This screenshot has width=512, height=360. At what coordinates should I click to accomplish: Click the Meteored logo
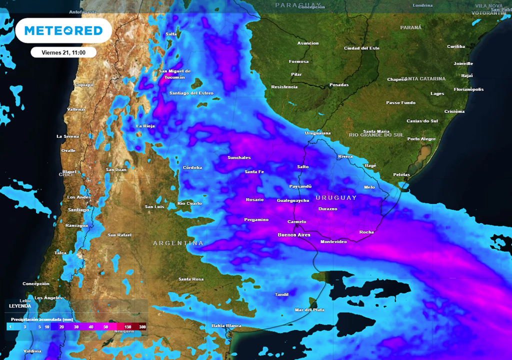point(63,31)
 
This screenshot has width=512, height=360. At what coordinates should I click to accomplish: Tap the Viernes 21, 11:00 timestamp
point(63,52)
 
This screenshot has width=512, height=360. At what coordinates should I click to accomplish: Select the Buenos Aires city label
point(294,234)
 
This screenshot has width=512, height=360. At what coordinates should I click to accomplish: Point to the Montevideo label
point(333,242)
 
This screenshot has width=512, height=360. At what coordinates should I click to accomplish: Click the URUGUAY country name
point(336,197)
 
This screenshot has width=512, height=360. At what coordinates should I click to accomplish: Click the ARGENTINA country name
point(178,243)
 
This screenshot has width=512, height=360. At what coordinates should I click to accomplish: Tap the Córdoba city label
point(192,167)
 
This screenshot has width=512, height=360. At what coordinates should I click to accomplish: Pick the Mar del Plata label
point(309,310)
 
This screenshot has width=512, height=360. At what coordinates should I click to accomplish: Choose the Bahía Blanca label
point(226,325)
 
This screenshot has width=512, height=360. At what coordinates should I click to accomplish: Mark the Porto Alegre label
point(421,139)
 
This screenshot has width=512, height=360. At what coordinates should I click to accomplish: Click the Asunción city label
point(308,43)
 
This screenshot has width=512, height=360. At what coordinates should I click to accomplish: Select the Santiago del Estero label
point(191,93)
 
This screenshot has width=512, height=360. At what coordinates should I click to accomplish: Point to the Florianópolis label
point(468,89)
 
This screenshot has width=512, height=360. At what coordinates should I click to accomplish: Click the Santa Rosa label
point(190,279)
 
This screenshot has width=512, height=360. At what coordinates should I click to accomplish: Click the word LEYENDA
point(20,305)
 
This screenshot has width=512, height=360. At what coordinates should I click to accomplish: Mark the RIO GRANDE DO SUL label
point(376,135)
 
